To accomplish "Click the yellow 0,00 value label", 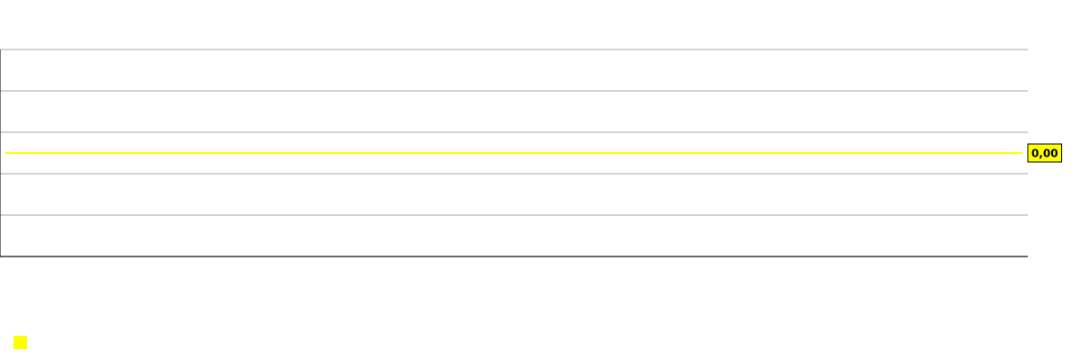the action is point(1044,153).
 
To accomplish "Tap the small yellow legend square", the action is point(20,343).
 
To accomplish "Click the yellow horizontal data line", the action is point(514,153).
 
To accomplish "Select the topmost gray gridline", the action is point(514,49).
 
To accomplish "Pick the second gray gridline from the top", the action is point(514,91).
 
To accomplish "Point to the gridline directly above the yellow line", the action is point(514,132).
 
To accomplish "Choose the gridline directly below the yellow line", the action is point(514,174).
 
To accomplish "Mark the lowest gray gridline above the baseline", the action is point(514,215).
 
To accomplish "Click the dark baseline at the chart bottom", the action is point(514,256).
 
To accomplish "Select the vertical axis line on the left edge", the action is point(1,153).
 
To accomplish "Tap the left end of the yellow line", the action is point(6,153).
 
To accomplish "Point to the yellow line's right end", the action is point(1021,153).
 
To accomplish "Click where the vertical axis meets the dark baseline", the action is point(1,256).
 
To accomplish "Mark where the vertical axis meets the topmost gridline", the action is point(1,49).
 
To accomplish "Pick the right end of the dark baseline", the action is point(1028,256).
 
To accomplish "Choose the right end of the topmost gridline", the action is point(1028,49).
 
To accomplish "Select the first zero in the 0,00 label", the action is point(1035,153).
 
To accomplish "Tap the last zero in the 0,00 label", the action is point(1054,153).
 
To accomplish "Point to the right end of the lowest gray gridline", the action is point(1028,215).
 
